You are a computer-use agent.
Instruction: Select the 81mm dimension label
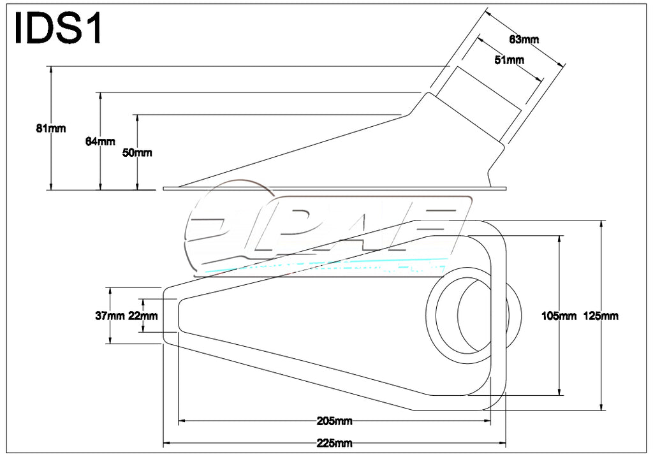tap(51, 128)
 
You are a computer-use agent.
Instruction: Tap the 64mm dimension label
tap(100, 141)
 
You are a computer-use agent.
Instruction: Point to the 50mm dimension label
tap(137, 152)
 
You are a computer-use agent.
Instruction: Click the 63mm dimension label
tap(524, 40)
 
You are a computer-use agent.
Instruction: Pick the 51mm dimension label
tap(509, 60)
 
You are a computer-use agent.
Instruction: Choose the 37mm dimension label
tap(110, 315)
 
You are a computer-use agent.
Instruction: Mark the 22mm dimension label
tap(143, 315)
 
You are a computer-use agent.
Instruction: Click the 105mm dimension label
tap(559, 315)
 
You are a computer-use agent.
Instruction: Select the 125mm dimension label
tap(601, 315)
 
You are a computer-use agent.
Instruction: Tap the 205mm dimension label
tap(335, 421)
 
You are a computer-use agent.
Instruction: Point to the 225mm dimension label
tap(335, 442)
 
